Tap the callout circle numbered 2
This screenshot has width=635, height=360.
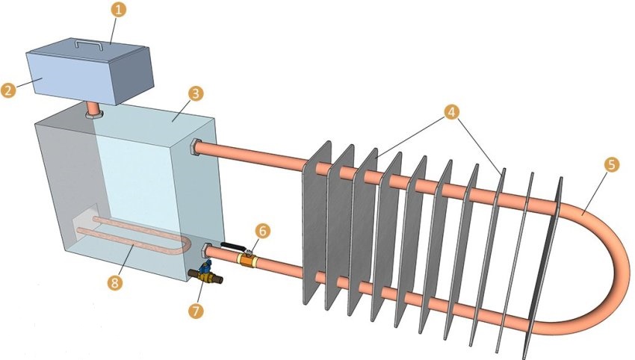(9, 90)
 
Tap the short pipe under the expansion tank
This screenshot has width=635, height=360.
(93, 110)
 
